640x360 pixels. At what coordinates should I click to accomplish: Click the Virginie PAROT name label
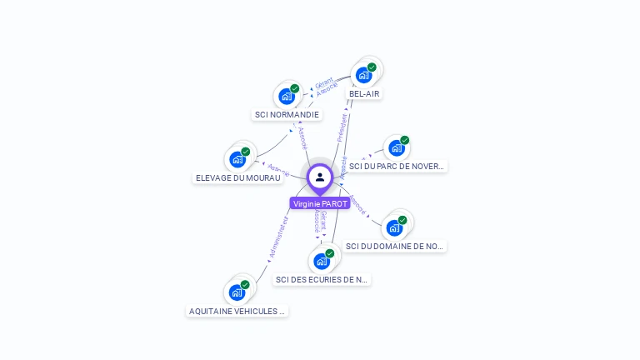320,203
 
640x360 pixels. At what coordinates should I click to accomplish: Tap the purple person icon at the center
320,177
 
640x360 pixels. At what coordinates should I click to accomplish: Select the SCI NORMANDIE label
287,115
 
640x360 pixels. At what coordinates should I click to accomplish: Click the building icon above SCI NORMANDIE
287,96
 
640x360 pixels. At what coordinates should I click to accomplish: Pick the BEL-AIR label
364,94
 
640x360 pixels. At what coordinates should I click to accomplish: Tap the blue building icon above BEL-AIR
364,75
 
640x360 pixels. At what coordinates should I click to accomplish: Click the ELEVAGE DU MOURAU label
237,177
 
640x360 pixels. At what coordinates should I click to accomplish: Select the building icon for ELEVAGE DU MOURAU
237,158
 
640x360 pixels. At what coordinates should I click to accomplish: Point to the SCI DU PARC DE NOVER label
397,166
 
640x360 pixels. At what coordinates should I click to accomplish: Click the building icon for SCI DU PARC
397,147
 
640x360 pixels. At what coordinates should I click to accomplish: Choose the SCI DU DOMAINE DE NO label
396,246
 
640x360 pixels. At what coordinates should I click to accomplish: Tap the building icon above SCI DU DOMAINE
395,227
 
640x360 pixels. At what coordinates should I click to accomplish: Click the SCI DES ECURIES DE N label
322,280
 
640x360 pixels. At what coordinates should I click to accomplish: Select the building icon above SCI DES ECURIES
322,261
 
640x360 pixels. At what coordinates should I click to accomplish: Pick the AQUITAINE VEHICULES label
237,311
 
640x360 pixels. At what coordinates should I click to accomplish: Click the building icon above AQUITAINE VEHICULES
237,292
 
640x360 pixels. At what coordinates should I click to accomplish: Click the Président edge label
342,127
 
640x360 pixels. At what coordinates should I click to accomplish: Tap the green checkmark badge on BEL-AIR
372,67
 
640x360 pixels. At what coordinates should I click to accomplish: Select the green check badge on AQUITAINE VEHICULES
245,284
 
